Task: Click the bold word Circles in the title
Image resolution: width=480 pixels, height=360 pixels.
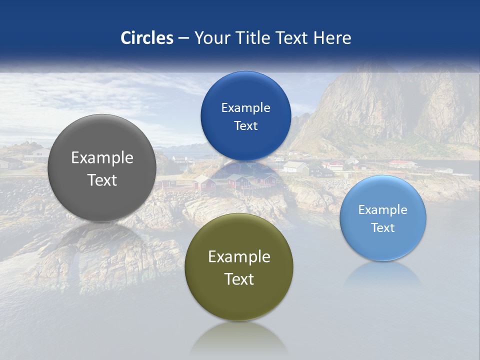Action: tap(147, 38)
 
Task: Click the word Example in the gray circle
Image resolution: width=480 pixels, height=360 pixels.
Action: tap(102, 158)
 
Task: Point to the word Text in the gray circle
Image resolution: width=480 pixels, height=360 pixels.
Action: tap(102, 180)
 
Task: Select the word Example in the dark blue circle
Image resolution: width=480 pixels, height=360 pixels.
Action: tap(245, 108)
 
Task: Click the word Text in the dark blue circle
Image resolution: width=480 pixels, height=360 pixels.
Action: tap(245, 126)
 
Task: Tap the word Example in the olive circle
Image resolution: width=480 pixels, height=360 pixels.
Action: tap(239, 257)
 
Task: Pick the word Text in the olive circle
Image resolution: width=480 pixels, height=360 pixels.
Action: tap(239, 279)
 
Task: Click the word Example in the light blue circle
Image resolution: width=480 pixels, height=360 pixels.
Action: tap(383, 210)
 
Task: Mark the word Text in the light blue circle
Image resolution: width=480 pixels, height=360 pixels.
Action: tap(383, 228)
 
